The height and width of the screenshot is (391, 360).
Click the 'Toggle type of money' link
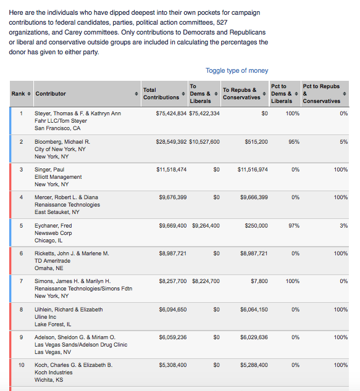click(237, 70)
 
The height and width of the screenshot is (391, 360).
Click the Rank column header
click(18, 94)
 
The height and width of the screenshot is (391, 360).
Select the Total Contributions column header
click(161, 94)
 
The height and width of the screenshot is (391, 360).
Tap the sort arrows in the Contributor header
click(136, 94)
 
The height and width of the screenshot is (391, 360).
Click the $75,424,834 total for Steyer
click(171, 113)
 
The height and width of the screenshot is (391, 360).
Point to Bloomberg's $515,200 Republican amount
click(256, 142)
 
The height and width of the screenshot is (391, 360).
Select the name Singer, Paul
click(49, 170)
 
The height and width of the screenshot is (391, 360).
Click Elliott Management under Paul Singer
click(58, 177)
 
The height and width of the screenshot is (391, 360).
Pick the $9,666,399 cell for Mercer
click(254, 197)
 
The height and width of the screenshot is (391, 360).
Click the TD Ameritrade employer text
click(52, 261)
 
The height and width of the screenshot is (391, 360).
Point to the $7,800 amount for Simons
click(259, 281)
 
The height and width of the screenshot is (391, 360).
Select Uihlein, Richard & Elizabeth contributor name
click(69, 310)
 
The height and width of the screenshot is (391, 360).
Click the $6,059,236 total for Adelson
click(173, 337)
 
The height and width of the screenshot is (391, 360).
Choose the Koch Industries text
click(54, 372)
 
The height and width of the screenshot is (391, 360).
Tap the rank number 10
click(22, 365)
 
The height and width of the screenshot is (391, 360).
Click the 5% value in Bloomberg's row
click(343, 142)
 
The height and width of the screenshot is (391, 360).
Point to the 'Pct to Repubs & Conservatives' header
click(322, 94)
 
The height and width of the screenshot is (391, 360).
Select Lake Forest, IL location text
click(52, 324)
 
